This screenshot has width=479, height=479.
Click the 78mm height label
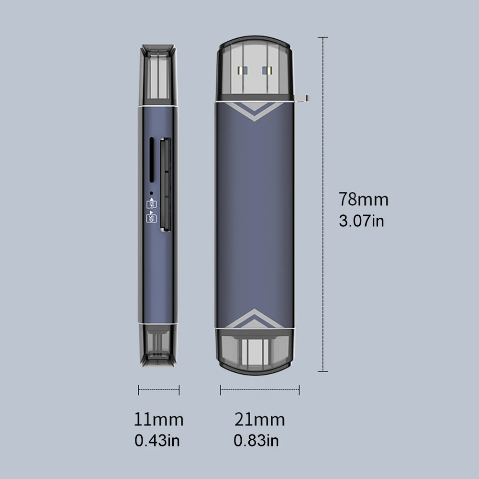(x=363, y=199)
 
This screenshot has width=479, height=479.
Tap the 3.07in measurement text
(x=361, y=221)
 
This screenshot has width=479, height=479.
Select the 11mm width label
(x=159, y=420)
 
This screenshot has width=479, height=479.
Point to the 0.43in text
(x=157, y=441)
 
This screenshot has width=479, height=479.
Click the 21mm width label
(x=260, y=420)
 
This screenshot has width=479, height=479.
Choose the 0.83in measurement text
(x=256, y=441)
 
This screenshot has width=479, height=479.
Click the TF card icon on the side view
(x=152, y=204)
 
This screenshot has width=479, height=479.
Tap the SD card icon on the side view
(x=152, y=217)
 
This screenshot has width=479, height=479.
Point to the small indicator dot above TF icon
(x=151, y=193)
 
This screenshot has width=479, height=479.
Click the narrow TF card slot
(x=151, y=160)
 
